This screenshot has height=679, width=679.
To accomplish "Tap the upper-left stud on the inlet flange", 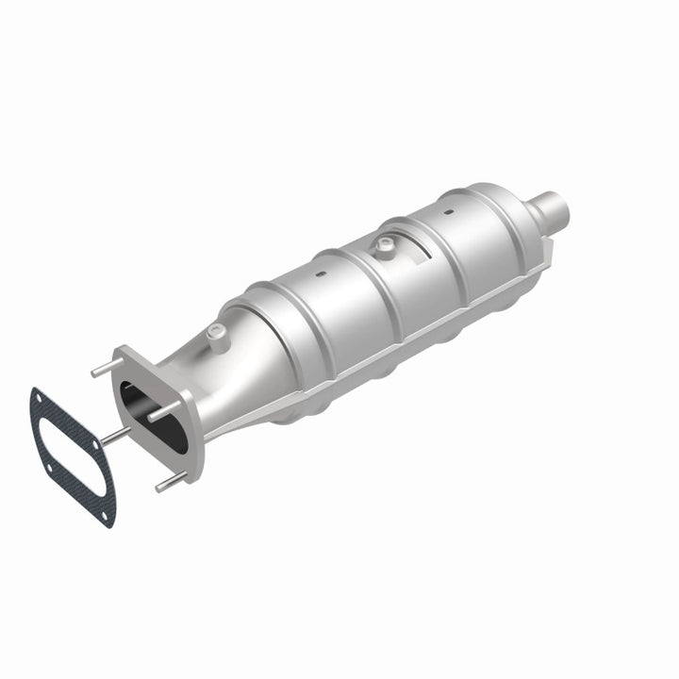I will click(x=104, y=368).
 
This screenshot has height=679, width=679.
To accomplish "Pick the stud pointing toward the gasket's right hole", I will click(x=113, y=435).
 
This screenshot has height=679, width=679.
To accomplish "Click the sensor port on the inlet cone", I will click(x=219, y=331).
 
